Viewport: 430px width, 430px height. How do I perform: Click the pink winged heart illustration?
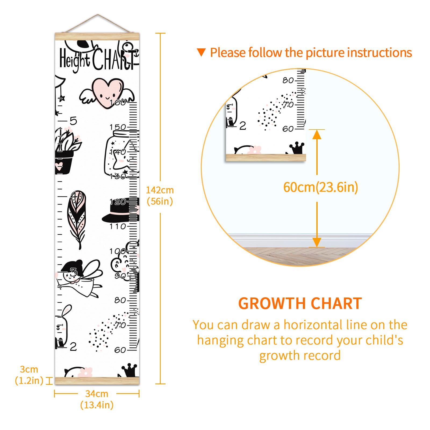pyautogui.click(x=107, y=93)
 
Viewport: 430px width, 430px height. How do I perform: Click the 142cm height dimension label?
pyautogui.click(x=160, y=196)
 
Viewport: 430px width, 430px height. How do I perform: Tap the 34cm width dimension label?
pyautogui.click(x=97, y=399)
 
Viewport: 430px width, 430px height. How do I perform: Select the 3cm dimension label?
pyautogui.click(x=29, y=375)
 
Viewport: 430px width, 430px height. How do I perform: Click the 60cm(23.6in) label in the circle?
pyautogui.click(x=321, y=187)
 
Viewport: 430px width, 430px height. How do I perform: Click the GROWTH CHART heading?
pyautogui.click(x=300, y=304)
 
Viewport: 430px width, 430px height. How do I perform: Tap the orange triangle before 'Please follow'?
pyautogui.click(x=201, y=52)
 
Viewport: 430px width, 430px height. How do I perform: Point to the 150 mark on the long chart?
pyautogui.click(x=118, y=127)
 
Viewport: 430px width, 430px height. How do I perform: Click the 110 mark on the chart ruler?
pyautogui.click(x=118, y=227)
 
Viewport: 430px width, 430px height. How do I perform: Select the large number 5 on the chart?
pyautogui.click(x=73, y=121)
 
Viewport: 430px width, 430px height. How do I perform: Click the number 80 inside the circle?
pyautogui.click(x=288, y=80)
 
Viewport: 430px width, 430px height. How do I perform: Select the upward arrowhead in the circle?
pyautogui.click(x=317, y=134)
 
